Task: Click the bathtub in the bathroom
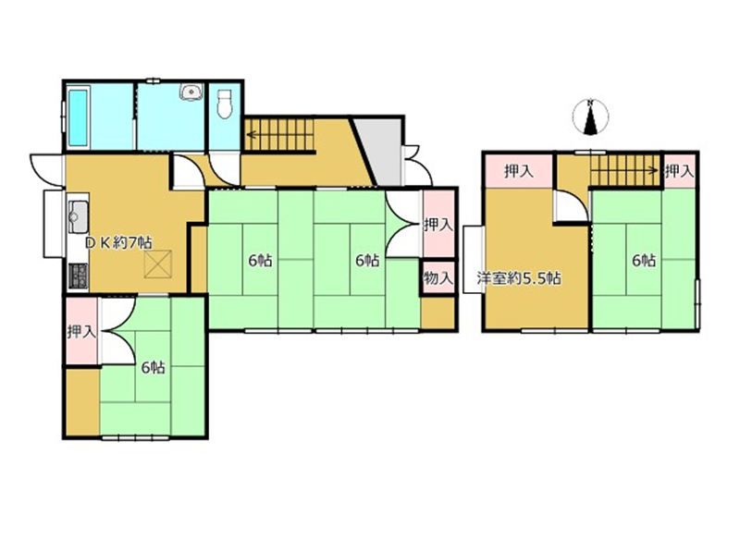[x=79, y=117]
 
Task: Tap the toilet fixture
[x=225, y=104]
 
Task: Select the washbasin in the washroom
[x=191, y=92]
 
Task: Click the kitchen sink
[x=78, y=216]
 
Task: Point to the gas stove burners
[x=79, y=276]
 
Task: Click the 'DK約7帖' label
[x=118, y=243]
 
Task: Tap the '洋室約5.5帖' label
[x=518, y=278]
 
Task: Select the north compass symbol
[x=590, y=117]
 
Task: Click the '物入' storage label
[x=438, y=278]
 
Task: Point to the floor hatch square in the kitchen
[x=158, y=264]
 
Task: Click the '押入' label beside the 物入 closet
[x=438, y=225]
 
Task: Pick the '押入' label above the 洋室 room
[x=519, y=171]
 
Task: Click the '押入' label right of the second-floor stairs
[x=680, y=171]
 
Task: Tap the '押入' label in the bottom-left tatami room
[x=81, y=332]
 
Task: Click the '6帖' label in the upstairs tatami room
[x=644, y=260]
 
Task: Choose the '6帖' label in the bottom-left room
[x=154, y=367]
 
